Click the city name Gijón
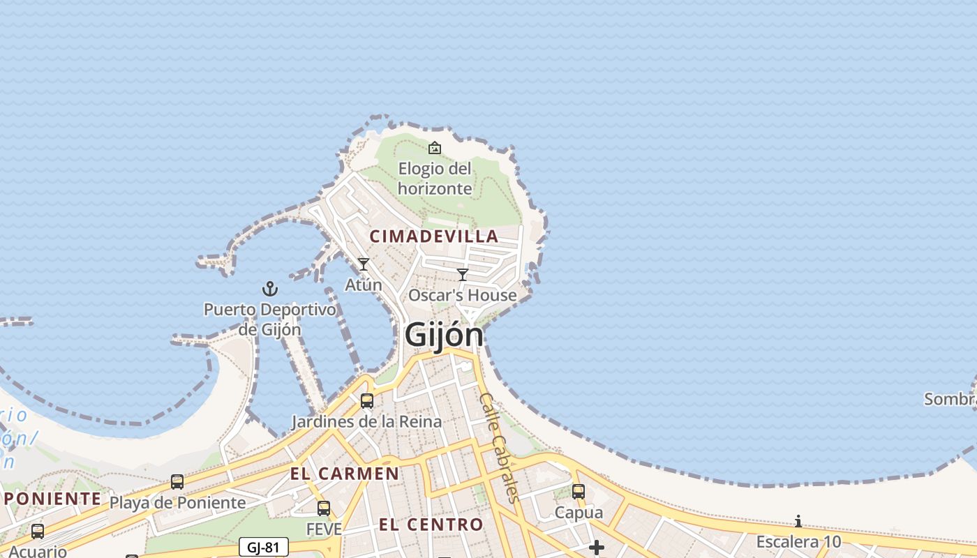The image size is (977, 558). coord(444,335)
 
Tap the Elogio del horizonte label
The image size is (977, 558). coord(435,179)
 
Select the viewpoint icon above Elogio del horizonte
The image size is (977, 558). coord(435,148)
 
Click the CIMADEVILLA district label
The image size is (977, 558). coord(434,236)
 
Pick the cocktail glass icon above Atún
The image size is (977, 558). coord(364,264)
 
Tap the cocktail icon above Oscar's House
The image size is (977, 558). coord(462,275)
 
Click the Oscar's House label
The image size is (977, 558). coord(463,295)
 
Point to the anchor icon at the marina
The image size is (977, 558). coord(270,288)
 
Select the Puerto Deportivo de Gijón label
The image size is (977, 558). coord(270,319)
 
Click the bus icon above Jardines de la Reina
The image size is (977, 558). coord(366,401)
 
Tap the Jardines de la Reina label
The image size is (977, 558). coord(366,421)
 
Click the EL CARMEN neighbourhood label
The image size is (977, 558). coord(345,474)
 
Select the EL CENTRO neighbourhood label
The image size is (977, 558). coord(431,525)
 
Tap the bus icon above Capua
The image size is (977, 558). coord(579,492)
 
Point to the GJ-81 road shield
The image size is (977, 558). coord(263,548)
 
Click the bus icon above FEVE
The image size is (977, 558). coord(324,508)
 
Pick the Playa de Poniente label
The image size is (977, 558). coord(178,502)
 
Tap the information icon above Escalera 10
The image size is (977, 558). coord(798,522)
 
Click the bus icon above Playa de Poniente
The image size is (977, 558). coord(177,482)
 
